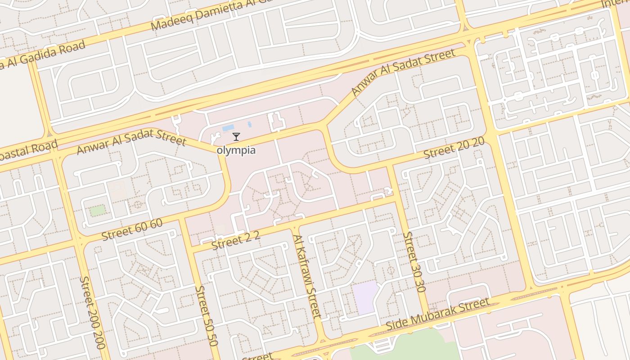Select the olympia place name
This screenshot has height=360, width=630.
click(x=236, y=150)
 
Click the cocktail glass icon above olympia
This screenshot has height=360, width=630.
click(x=236, y=137)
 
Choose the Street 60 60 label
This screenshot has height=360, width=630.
click(x=132, y=229)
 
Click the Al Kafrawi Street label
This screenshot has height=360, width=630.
click(x=307, y=276)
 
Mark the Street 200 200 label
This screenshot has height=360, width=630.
click(x=92, y=312)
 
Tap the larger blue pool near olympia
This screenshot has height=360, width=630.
click(x=228, y=128)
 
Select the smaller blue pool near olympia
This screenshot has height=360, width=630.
click(x=249, y=124)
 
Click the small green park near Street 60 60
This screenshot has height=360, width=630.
click(x=98, y=210)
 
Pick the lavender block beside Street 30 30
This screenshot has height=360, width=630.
click(x=365, y=297)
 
